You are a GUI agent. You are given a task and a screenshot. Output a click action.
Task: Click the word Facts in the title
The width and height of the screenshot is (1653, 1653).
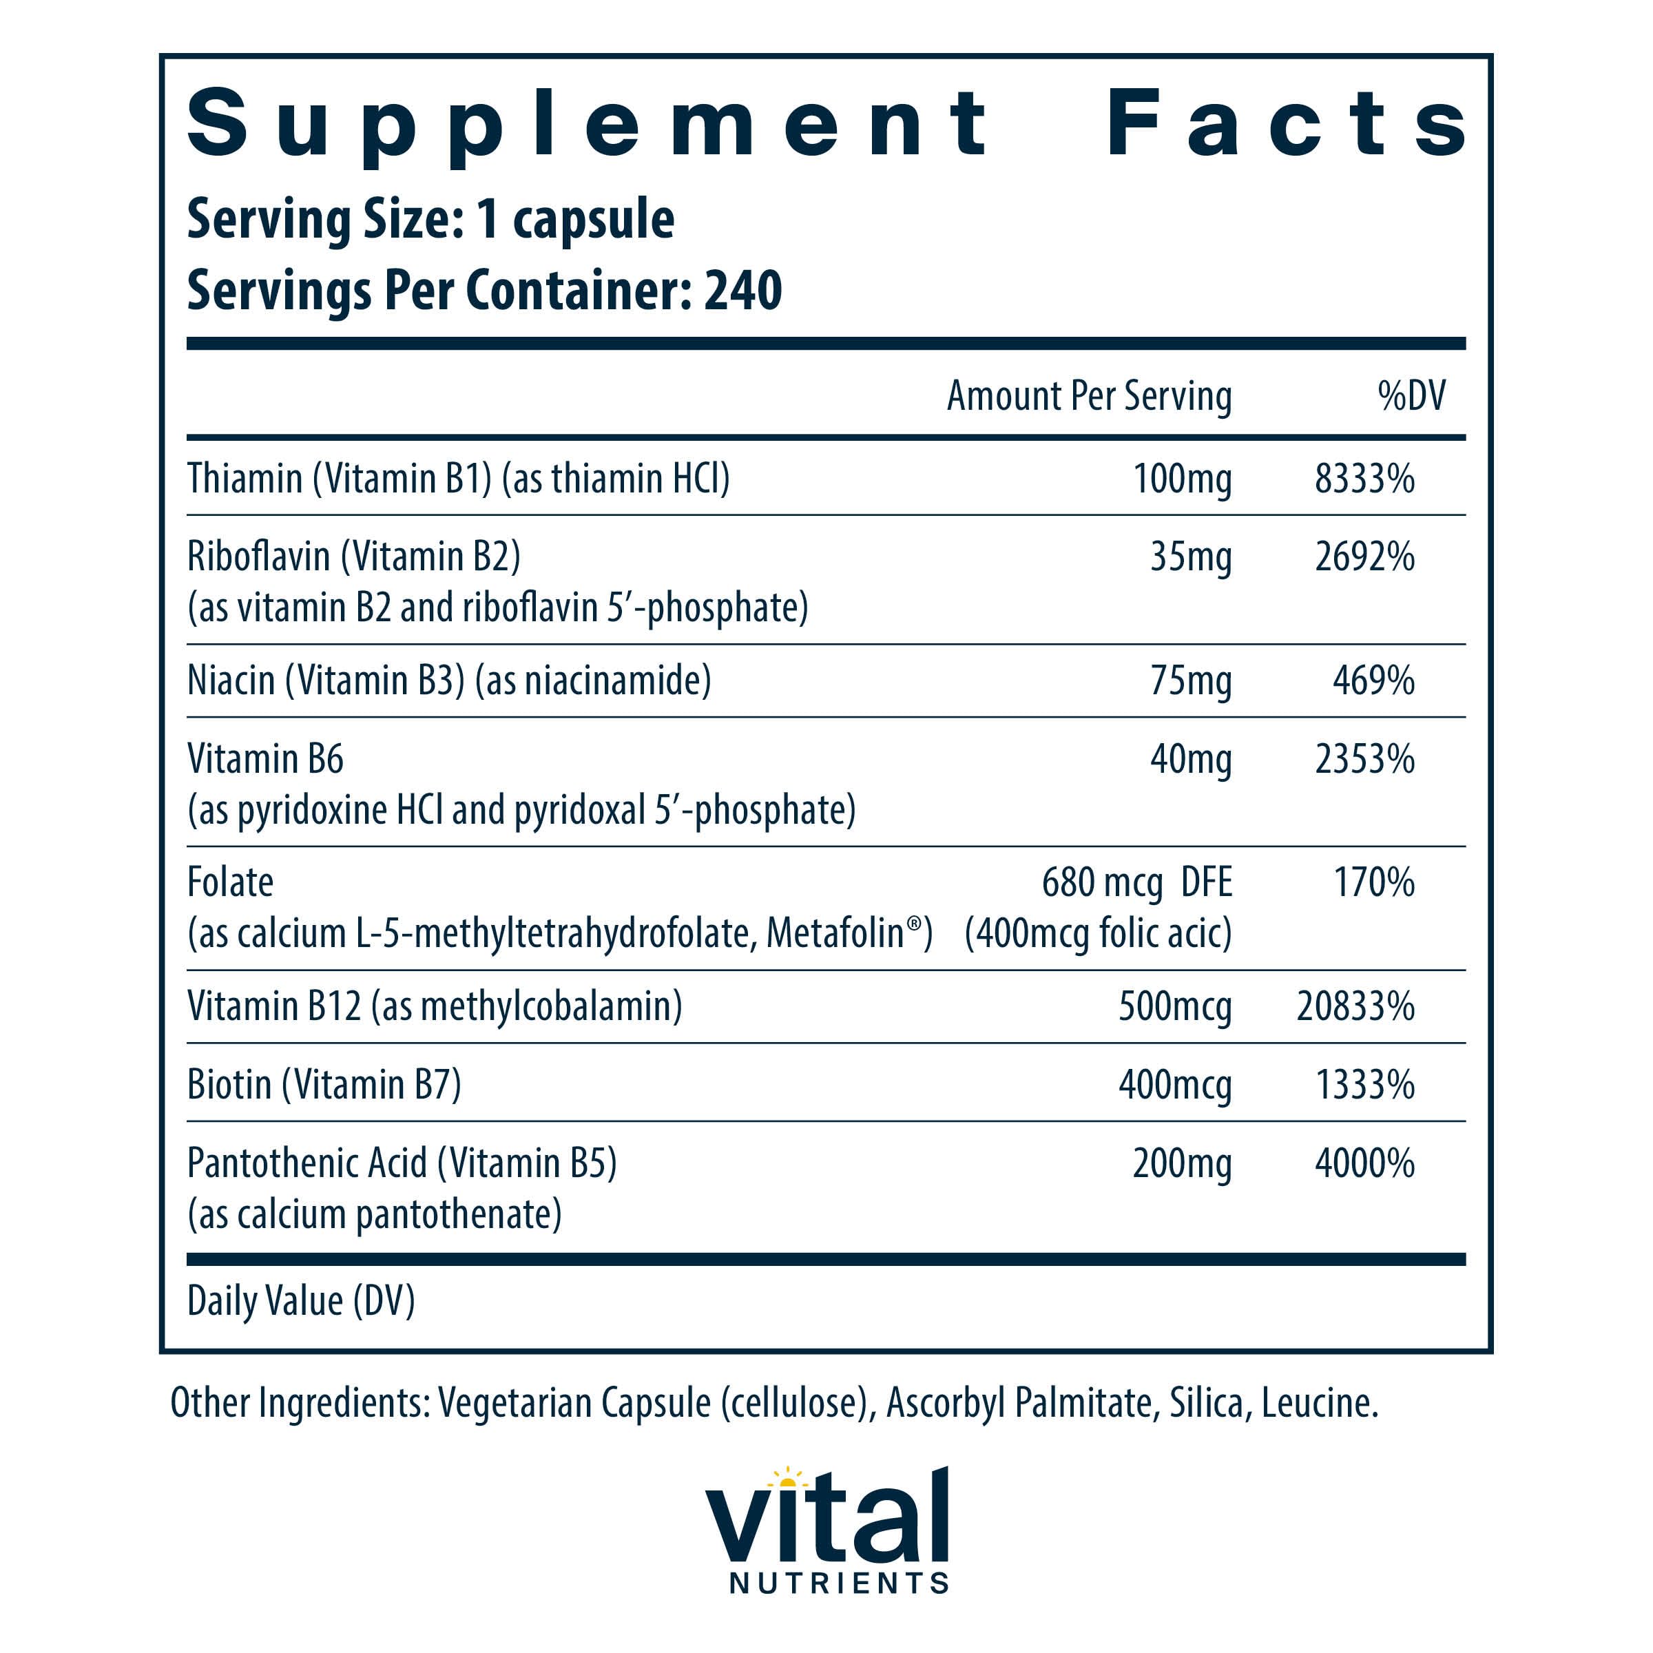[x=1285, y=124]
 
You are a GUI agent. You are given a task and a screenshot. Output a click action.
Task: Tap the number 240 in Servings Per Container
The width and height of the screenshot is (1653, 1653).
[x=742, y=291]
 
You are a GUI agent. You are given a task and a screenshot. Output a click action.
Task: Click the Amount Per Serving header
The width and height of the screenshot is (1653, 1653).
[x=1088, y=396]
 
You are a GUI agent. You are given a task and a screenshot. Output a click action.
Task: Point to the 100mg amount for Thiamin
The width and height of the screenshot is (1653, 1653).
[x=1182, y=478]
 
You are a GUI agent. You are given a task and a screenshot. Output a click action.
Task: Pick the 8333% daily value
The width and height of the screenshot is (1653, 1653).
[x=1364, y=478]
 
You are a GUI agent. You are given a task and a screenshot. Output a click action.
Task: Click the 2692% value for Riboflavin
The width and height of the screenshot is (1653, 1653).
[x=1364, y=557]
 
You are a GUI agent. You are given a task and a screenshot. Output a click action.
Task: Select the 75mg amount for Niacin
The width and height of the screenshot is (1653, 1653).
[x=1190, y=681]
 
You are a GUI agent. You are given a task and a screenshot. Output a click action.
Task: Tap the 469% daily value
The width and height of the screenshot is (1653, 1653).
[x=1373, y=681]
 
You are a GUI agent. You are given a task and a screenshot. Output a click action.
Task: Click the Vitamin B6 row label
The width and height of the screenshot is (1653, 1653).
[x=265, y=759]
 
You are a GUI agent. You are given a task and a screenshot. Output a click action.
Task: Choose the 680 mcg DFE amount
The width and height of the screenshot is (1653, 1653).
[x=1136, y=882]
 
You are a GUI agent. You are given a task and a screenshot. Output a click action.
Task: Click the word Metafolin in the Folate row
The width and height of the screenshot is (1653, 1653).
[x=835, y=933]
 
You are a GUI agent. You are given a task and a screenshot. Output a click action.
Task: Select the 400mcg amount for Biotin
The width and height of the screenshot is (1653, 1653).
[x=1175, y=1085]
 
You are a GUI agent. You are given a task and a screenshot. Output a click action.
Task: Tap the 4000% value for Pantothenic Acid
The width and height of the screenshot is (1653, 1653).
[x=1364, y=1163]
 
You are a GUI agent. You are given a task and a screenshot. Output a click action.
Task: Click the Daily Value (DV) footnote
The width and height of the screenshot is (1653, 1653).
[x=300, y=1301]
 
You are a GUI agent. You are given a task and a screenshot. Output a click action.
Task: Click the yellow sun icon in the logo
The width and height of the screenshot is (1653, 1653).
[x=787, y=1479]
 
